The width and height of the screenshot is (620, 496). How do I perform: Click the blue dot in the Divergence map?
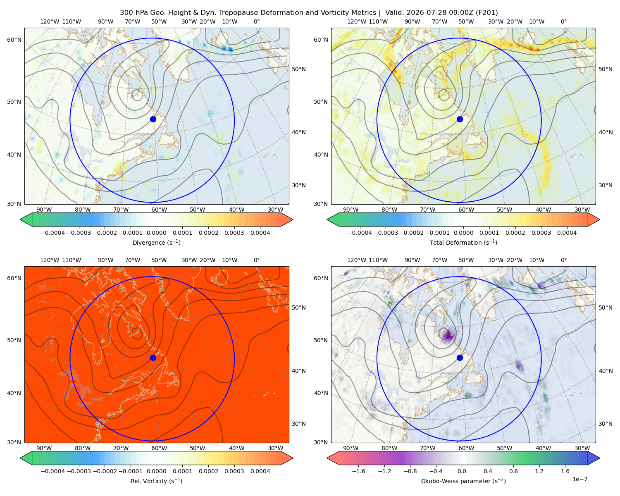pyautogui.click(x=153, y=119)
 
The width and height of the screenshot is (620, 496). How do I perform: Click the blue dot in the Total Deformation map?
pyautogui.click(x=460, y=119)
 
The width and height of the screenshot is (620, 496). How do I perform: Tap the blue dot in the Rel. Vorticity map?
pyautogui.click(x=153, y=358)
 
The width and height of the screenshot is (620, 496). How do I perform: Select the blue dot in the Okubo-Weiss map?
pyautogui.click(x=460, y=358)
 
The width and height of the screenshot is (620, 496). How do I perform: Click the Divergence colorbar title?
pyautogui.click(x=156, y=242)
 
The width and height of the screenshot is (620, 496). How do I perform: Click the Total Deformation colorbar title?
pyautogui.click(x=463, y=242)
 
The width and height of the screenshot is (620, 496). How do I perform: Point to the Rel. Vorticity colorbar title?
pyautogui.click(x=156, y=481)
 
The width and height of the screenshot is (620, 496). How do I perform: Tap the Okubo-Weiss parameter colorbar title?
pyautogui.click(x=463, y=481)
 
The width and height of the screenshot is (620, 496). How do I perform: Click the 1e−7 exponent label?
pyautogui.click(x=579, y=479)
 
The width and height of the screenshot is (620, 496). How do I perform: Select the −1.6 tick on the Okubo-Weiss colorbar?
pyautogui.click(x=358, y=471)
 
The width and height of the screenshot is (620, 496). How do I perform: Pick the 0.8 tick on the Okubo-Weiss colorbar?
pyautogui.click(x=513, y=471)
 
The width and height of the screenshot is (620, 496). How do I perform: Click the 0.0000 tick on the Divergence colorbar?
pyautogui.click(x=156, y=233)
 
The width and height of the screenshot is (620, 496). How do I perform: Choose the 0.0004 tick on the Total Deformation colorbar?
pyautogui.click(x=567, y=233)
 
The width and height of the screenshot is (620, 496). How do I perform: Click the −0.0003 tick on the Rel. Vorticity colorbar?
pyautogui.click(x=79, y=471)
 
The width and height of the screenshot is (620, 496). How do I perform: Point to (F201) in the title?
pyautogui.click(x=486, y=13)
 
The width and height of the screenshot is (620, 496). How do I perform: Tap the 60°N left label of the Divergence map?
pyautogui.click(x=14, y=40)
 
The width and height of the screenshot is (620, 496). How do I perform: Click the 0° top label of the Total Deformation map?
pyautogui.click(x=563, y=21)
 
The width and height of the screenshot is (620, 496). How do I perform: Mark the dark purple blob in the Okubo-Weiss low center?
pyautogui.click(x=448, y=335)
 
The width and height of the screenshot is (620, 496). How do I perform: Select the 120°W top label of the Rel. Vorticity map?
pyautogui.click(x=50, y=260)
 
